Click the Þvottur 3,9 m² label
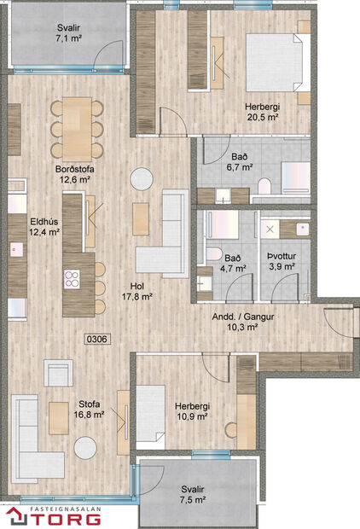pos(281,261)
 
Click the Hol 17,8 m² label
pos(136,292)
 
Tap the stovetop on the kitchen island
pos(72,278)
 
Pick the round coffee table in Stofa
pos(85,447)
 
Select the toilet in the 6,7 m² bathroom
pos(264,187)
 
